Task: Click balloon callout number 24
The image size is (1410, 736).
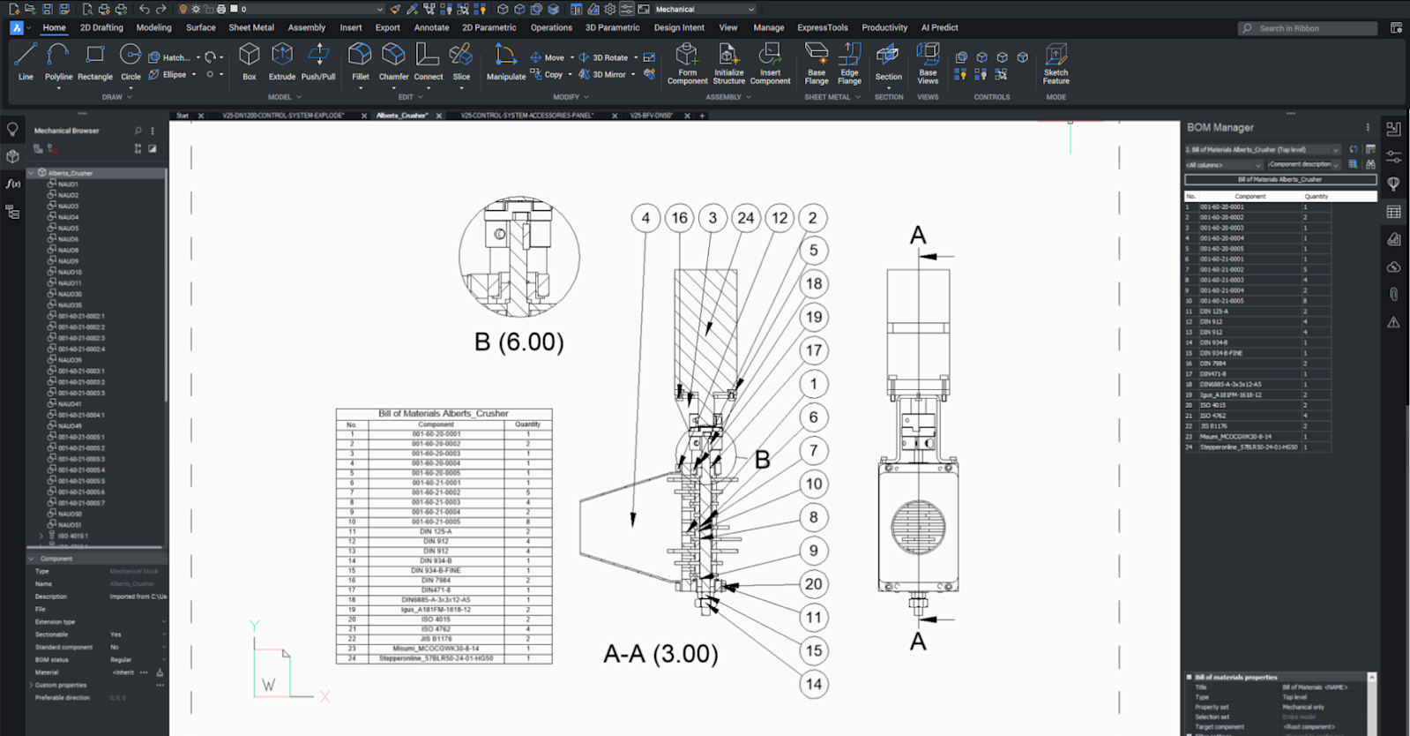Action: tap(746, 218)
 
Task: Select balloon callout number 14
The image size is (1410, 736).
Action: tap(813, 684)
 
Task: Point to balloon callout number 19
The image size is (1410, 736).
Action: tap(813, 317)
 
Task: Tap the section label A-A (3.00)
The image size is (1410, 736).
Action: tap(660, 654)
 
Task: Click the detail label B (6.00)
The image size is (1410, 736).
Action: tap(518, 342)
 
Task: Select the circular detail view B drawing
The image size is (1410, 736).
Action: tap(519, 257)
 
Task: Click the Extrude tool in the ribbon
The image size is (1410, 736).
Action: tap(282, 62)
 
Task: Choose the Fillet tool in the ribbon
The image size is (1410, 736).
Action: tap(360, 62)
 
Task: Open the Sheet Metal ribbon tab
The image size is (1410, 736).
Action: tap(251, 27)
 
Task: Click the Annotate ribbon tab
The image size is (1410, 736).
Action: tap(431, 27)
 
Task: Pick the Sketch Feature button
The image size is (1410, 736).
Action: tap(1056, 64)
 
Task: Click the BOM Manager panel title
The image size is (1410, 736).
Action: tap(1220, 127)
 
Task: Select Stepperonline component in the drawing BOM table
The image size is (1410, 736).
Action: tap(436, 658)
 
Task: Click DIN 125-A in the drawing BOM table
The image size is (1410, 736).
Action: tap(436, 531)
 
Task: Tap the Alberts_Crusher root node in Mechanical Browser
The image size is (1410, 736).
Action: tap(70, 173)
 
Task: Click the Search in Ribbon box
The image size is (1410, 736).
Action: tap(1309, 28)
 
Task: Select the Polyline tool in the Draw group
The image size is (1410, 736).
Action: tap(58, 62)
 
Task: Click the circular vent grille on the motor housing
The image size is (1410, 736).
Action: tap(918, 527)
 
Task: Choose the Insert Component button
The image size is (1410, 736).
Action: tap(770, 64)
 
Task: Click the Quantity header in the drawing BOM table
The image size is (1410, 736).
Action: tap(527, 424)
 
